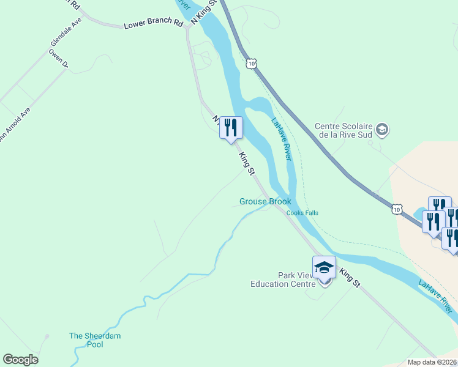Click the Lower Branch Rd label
(x=154, y=25)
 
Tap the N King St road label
(x=205, y=12)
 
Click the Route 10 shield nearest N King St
(x=251, y=63)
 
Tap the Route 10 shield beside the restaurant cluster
(x=397, y=210)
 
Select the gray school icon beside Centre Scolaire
(x=383, y=129)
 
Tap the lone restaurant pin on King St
(x=231, y=128)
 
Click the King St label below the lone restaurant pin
(x=247, y=164)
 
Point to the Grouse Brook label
(x=265, y=201)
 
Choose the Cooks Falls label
(x=302, y=213)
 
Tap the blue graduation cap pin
(x=324, y=269)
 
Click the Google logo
(x=20, y=360)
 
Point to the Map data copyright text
(x=432, y=361)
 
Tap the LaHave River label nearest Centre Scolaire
(x=280, y=139)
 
